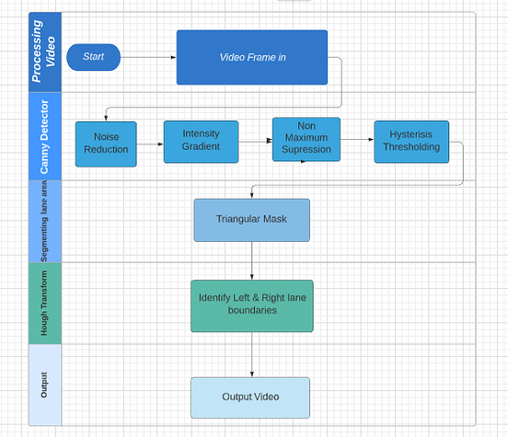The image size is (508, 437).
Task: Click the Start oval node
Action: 93,57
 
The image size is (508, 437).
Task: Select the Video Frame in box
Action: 251,57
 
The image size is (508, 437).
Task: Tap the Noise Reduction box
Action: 106,144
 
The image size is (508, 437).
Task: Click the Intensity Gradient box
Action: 201,141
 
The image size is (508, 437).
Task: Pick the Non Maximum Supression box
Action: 306,139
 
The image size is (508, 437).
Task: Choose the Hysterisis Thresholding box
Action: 410,141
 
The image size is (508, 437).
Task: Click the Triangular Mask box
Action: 251,220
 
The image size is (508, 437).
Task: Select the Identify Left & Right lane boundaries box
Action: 251,305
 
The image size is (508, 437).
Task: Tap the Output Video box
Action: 249,397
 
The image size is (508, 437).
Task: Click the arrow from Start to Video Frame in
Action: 148,57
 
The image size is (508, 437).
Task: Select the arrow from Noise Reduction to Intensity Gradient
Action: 150,143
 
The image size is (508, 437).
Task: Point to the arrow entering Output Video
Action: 251,354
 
